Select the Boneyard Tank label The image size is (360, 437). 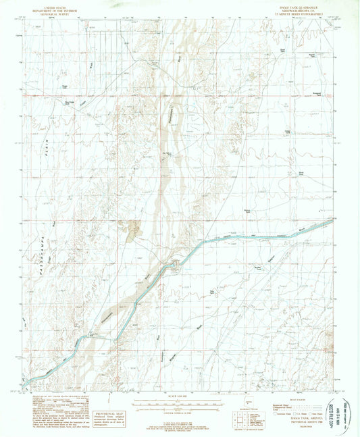(x=317, y=93)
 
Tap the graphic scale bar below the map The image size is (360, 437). (x=180, y=403)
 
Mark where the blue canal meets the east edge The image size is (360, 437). (x=333, y=220)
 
